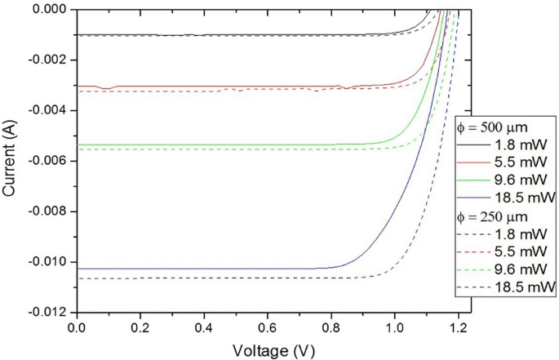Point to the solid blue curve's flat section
pyautogui.click(x=204, y=269)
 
